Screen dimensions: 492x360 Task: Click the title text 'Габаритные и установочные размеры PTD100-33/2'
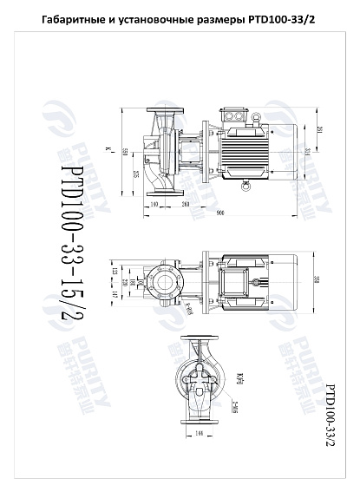pos(180,18)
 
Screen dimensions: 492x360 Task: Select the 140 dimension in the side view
pos(154,203)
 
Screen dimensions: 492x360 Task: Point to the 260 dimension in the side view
pos(186,203)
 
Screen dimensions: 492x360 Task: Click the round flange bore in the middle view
pos(161,282)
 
